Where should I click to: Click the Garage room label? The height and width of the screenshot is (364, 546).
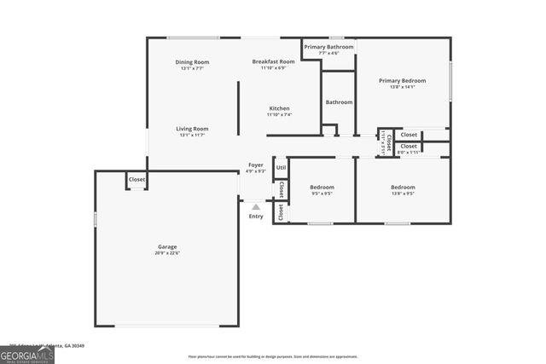coord(166,246)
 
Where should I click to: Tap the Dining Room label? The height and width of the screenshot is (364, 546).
coord(192,62)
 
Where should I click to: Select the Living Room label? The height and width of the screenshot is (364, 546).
coord(194,129)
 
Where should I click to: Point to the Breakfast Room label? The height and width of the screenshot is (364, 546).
coord(273,61)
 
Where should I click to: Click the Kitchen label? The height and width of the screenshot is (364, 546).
coord(279,108)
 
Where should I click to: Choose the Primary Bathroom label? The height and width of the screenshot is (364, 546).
coord(328,47)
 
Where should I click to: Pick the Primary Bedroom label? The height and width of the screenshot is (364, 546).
coord(402,80)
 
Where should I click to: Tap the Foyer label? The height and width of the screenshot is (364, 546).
coord(256,165)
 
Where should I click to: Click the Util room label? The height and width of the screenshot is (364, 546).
coord(281,167)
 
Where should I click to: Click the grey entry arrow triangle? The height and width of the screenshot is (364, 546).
coord(256,206)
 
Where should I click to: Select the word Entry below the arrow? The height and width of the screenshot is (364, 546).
coord(256,217)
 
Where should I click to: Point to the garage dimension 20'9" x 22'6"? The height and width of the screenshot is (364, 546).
coord(166,253)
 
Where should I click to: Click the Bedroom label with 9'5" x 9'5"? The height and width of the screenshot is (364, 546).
coord(321,187)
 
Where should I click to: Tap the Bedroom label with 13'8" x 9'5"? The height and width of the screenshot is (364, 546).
coord(403,187)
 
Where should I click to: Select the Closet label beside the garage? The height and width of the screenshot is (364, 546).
coord(136,180)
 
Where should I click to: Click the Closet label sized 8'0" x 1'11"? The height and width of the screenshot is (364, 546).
coord(409,147)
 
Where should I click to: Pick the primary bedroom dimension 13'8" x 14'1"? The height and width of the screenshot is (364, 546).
coord(402,87)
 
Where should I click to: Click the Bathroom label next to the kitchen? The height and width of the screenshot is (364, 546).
coord(339,102)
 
